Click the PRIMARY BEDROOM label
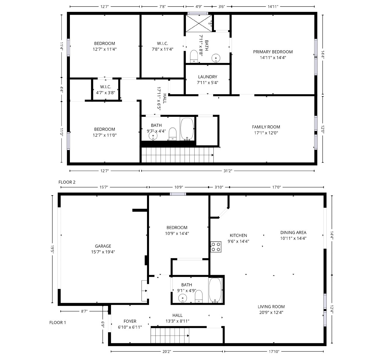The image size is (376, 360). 273,52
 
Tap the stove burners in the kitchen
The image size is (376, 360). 216,247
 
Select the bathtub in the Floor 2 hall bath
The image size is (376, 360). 187,129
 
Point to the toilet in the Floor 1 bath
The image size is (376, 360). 199,296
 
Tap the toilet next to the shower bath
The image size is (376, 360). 193,56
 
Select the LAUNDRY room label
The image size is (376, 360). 207,77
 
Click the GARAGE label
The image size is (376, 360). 103,246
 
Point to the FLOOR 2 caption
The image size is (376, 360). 67,182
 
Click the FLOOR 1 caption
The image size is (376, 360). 57,322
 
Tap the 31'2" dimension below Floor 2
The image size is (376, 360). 227,171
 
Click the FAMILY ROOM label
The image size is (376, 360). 266,127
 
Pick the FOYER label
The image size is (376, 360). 130,321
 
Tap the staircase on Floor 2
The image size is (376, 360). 177,155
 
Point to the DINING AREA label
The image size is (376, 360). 293,233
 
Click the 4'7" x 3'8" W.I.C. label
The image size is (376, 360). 105,87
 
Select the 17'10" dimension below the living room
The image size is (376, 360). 274,352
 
